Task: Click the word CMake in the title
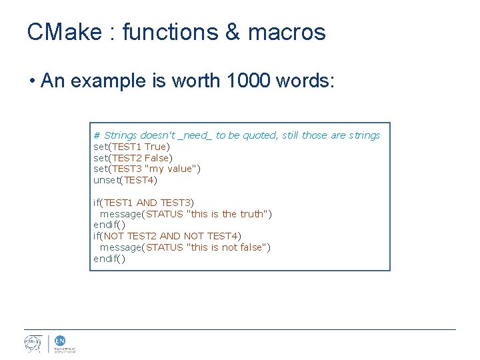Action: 65,32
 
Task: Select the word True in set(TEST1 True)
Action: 156,147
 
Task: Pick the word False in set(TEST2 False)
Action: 157,158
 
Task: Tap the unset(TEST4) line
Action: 125,180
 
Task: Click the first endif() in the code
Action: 109,225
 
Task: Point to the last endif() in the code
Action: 109,259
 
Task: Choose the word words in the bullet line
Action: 307,81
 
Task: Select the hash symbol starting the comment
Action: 97,135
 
